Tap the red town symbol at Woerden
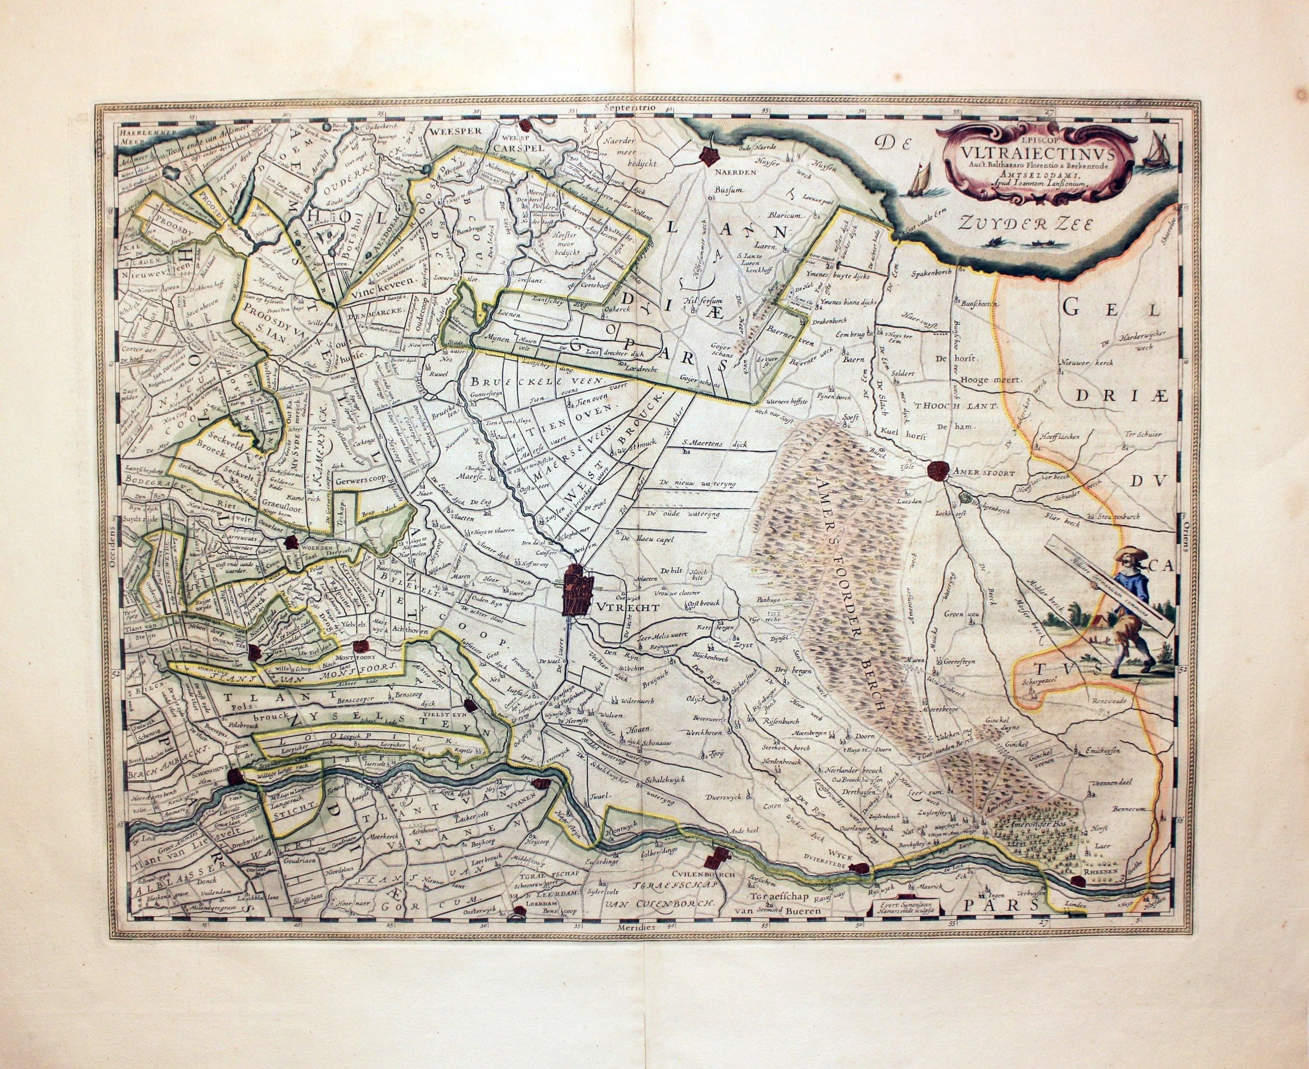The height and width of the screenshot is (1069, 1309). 290,542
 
